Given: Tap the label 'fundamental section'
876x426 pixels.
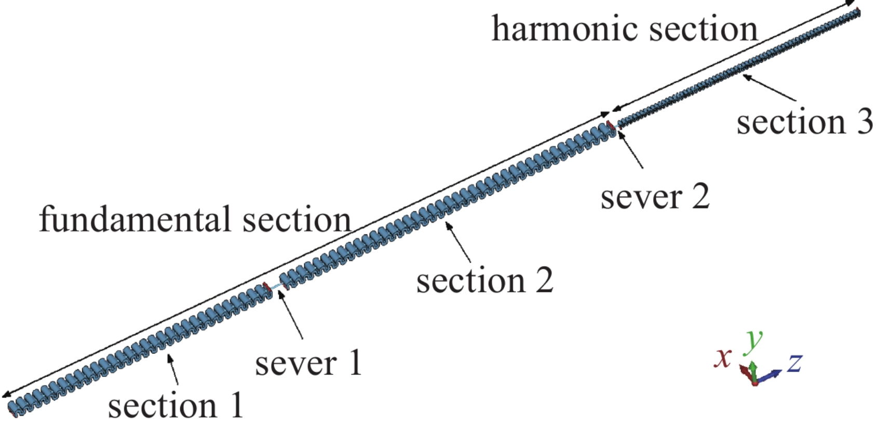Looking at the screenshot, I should point(195,219).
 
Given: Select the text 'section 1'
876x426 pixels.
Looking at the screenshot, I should point(176,405).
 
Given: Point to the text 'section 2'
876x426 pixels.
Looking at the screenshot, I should point(484,281).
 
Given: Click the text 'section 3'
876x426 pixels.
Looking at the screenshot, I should point(804,122).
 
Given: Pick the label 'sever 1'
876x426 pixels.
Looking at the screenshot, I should point(308,363).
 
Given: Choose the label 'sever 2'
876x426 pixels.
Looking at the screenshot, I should point(655,197).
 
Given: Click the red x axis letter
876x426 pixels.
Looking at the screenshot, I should point(722,358).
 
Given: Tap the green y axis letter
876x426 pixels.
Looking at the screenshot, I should point(753,340).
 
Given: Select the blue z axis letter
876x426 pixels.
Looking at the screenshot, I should point(795,362).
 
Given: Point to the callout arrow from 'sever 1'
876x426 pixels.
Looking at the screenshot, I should point(291,314).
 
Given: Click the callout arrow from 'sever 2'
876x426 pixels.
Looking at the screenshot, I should point(630,150).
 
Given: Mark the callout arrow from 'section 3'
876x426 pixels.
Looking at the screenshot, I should point(769,87).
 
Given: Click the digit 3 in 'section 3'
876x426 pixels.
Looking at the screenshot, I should point(865,122).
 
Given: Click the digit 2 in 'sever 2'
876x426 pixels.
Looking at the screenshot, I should point(699,197).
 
